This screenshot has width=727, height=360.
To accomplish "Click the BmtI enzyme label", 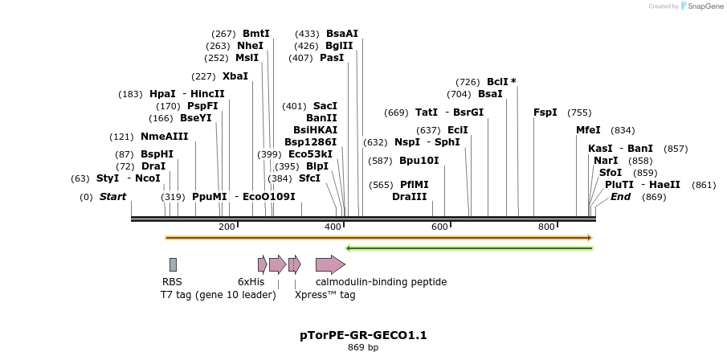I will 256,34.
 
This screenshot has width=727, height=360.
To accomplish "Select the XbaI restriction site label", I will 235,76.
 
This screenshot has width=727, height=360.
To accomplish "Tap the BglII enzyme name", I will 339,46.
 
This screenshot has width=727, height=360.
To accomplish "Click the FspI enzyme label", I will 545,112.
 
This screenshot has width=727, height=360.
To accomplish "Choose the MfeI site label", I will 588,130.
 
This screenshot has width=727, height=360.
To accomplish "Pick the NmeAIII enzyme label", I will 164,137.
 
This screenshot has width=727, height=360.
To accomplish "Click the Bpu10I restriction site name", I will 419,161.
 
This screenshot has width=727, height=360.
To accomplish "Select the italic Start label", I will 112,197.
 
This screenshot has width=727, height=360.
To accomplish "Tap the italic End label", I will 620,197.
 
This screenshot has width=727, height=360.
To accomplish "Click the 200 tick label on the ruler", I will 227,227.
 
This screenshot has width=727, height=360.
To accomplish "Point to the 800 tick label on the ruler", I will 546,227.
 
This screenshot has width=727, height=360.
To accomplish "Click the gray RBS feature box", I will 173,264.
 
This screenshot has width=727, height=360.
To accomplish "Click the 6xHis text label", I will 251,282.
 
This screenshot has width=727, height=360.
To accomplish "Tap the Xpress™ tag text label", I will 325,295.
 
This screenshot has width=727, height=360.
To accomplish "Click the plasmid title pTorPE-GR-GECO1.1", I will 363,334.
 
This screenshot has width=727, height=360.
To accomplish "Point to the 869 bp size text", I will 363,348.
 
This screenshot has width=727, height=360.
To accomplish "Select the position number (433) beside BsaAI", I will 307,34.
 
